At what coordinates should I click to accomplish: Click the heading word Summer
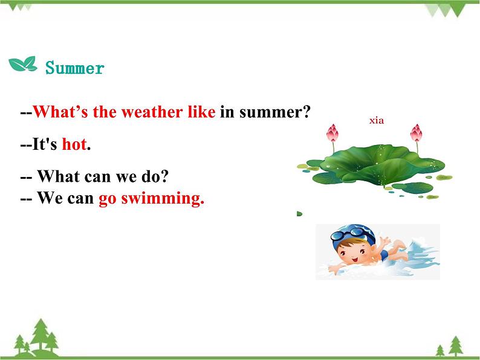[x=75, y=68]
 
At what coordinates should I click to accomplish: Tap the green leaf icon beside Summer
[x=22, y=64]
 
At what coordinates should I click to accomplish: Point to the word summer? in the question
[x=274, y=112]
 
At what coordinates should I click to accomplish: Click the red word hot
[x=74, y=145]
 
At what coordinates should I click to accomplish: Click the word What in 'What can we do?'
[x=57, y=177]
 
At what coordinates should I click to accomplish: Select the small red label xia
[x=377, y=121]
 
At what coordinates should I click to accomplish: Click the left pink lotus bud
[x=332, y=133]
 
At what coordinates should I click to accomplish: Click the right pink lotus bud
[x=415, y=133]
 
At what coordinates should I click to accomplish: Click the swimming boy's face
[x=346, y=248]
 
